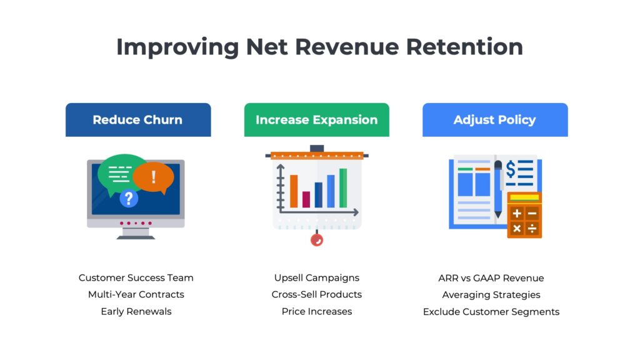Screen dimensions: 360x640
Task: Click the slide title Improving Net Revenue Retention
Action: (319, 47)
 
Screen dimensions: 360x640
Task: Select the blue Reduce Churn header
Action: (137, 120)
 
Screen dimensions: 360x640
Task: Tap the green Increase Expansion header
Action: (316, 120)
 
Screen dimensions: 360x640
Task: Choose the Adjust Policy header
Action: (494, 120)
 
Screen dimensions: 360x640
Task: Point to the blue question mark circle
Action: (129, 199)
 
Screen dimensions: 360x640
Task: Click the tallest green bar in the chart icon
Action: (343, 187)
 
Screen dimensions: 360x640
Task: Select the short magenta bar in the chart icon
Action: (306, 199)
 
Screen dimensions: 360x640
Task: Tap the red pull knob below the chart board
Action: (317, 239)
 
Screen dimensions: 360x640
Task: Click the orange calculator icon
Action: (524, 215)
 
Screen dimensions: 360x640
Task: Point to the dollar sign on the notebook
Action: (511, 169)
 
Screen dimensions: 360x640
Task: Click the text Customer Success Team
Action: (136, 278)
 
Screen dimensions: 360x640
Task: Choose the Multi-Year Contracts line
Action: (136, 294)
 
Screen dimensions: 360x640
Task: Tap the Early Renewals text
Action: (136, 311)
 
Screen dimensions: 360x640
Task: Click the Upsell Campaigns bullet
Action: (317, 278)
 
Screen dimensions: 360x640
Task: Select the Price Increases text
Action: (317, 311)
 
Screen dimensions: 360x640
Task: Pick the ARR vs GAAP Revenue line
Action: (491, 278)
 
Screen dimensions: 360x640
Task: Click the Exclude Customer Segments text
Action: (491, 311)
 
